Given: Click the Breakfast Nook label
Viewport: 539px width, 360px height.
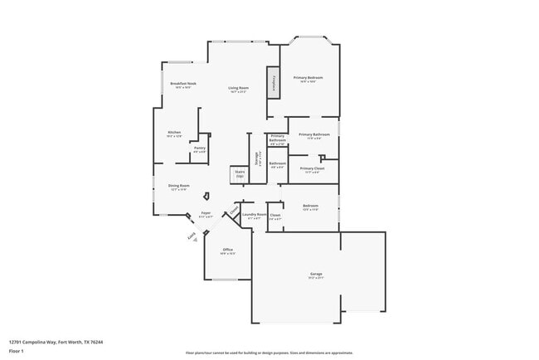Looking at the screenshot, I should pos(182,85).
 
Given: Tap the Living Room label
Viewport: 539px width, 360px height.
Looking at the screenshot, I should pos(239,89).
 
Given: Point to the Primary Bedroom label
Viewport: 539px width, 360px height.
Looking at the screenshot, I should pos(308,79).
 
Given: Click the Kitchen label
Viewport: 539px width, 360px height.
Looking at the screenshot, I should pos(174,133).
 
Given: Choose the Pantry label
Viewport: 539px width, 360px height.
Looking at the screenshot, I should pos(199,149).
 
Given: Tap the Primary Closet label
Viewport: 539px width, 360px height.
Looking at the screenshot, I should pos(312,169).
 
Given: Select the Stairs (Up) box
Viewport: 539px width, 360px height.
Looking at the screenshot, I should pos(240,175).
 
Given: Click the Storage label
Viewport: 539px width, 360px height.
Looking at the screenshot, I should pos(257,158).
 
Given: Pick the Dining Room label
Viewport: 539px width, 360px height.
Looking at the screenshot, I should pos(179,187).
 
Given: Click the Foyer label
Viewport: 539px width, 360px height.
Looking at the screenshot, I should pos(206,214).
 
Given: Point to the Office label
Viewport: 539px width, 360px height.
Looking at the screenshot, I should pos(227,251).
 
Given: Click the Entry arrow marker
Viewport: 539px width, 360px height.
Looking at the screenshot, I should pos(192,237).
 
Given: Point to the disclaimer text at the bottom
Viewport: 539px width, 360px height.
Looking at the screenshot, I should pos(269,352).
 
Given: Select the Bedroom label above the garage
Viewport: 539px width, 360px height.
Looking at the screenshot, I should pos(310,207).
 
